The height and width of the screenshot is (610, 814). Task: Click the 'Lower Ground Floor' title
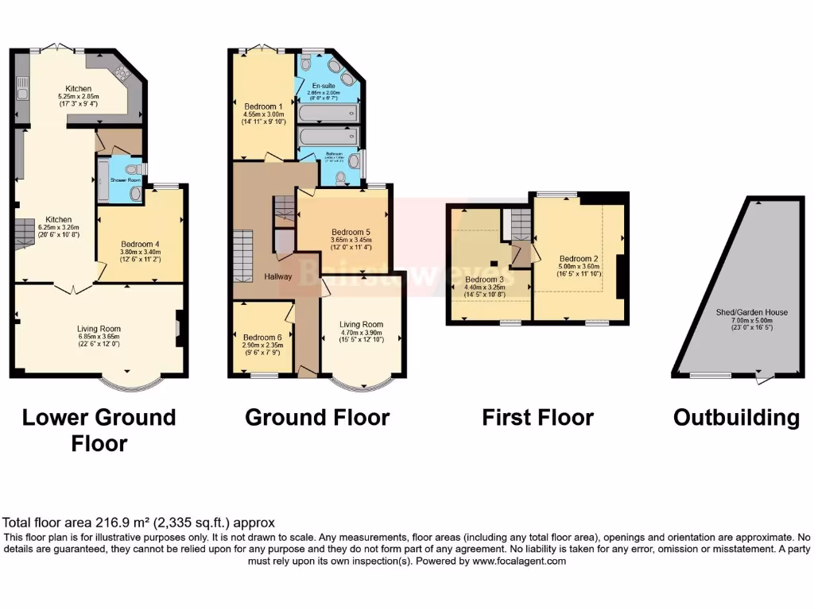point(99,430)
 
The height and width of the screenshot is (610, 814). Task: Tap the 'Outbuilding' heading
point(736,418)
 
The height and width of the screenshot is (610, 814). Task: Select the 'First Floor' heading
point(538,418)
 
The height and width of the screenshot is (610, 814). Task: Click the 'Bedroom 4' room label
point(141,244)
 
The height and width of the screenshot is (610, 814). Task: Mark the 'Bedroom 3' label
point(484,280)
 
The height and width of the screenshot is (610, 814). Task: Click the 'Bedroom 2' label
point(579,259)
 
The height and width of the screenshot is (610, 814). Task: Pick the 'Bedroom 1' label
point(263,106)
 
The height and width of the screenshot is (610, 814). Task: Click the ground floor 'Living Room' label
point(361,324)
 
